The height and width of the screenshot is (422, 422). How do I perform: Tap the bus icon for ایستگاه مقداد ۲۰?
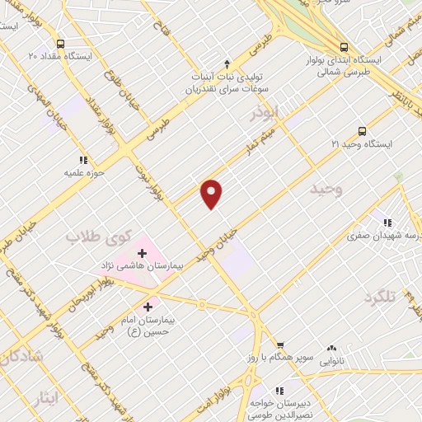coord(59,44)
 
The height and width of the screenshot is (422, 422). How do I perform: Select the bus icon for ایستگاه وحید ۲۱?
coord(362,130)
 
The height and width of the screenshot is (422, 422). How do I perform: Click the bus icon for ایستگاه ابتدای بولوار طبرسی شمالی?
coord(344,46)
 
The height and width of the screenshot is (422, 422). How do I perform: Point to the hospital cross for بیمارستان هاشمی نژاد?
coord(142,253)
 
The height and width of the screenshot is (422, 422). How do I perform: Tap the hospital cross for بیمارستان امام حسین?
coord(148,306)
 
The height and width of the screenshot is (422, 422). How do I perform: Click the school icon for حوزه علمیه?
coord(82,160)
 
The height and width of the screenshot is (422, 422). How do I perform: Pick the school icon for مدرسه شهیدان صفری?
coord(387,221)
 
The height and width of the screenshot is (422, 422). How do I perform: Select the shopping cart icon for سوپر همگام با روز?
coord(279,345)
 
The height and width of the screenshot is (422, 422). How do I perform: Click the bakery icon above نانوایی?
coord(332,349)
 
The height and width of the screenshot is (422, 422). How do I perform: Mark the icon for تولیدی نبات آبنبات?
coord(227,63)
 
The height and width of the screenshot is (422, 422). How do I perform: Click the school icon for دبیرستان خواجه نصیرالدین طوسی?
coord(278,389)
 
